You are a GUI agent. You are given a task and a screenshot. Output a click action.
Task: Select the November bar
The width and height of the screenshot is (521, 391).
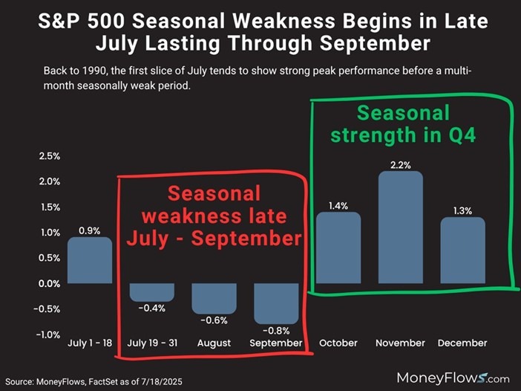(x=401, y=227)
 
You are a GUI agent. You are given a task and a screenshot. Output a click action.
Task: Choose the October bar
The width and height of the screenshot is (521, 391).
(x=338, y=248)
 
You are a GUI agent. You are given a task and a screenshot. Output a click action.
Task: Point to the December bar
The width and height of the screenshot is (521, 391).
(x=462, y=250)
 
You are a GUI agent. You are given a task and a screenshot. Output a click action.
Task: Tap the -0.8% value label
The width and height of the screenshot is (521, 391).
(x=277, y=330)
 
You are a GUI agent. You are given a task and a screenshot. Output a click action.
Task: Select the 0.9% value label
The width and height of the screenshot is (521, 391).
(x=91, y=230)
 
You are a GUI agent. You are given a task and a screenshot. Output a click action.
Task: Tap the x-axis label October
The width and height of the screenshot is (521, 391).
(x=339, y=343)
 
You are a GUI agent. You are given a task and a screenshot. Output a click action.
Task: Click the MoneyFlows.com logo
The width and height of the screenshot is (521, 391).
(x=453, y=377)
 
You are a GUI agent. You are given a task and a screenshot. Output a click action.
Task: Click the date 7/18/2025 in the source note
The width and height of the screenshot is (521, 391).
(x=158, y=381)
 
